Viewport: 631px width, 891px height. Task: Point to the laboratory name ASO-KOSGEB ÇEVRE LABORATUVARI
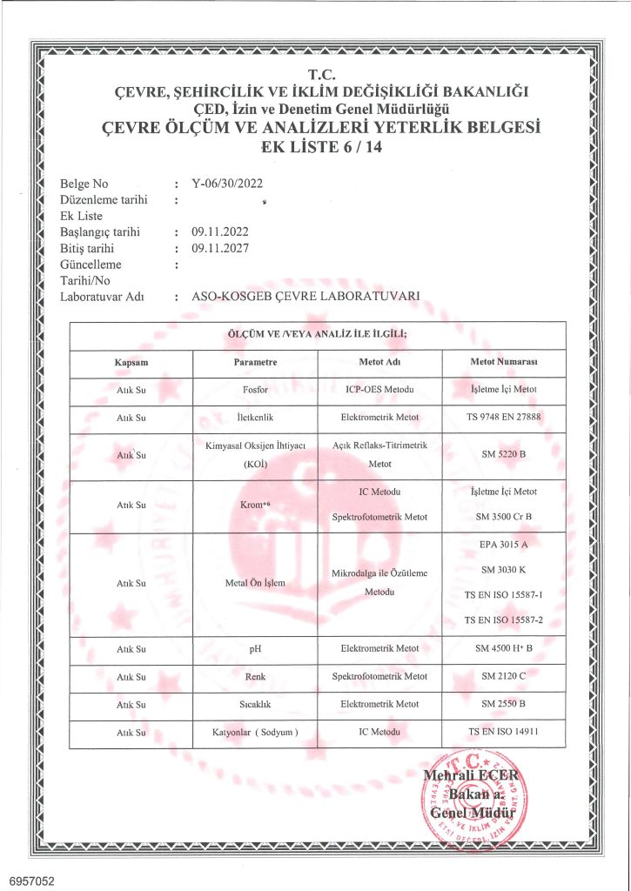[305, 297]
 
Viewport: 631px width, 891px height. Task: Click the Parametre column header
[255, 361]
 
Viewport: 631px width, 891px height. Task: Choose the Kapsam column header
[131, 361]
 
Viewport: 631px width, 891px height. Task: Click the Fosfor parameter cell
[255, 390]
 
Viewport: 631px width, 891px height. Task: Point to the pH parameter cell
[255, 648]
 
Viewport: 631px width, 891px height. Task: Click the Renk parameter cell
[255, 676]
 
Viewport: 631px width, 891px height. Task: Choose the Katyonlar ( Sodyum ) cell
[255, 733]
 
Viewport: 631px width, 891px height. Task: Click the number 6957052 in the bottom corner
[32, 881]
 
